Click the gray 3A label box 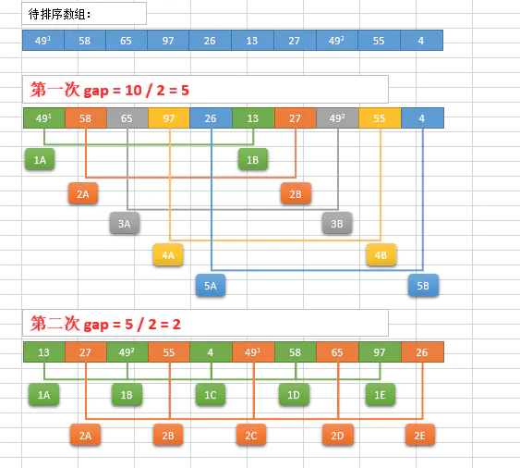pos(125,223)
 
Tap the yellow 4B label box pos(381,254)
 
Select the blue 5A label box pos(211,285)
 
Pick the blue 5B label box pos(423,285)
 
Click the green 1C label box pos(211,395)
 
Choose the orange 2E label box pos(420,435)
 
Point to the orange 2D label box pos(338,435)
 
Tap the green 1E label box pos(381,395)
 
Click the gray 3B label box pos(337,223)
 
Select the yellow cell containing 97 pos(169,117)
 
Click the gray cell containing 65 pos(127,117)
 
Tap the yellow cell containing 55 pos(380,117)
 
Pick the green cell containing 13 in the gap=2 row pos(44,352)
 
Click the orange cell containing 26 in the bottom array pos(422,352)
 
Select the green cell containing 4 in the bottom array pos(211,352)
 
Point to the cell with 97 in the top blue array pos(168,41)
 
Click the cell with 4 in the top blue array pos(421,41)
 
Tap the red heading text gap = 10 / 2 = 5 pos(137,91)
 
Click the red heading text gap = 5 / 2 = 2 pos(132,325)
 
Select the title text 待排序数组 pos(57,14)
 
